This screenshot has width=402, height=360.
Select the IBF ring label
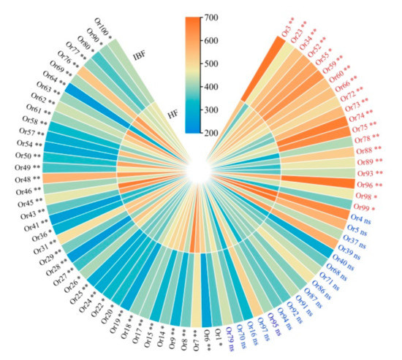tap(140, 54)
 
